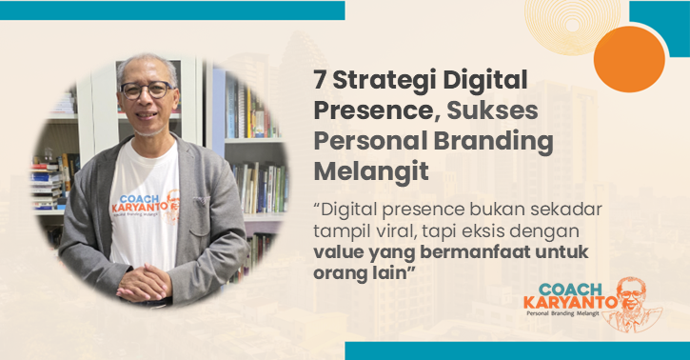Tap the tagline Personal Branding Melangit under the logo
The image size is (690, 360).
[x=572, y=322]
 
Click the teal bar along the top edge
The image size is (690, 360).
[x=171, y=10]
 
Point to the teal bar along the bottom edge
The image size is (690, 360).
[x=514, y=351]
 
